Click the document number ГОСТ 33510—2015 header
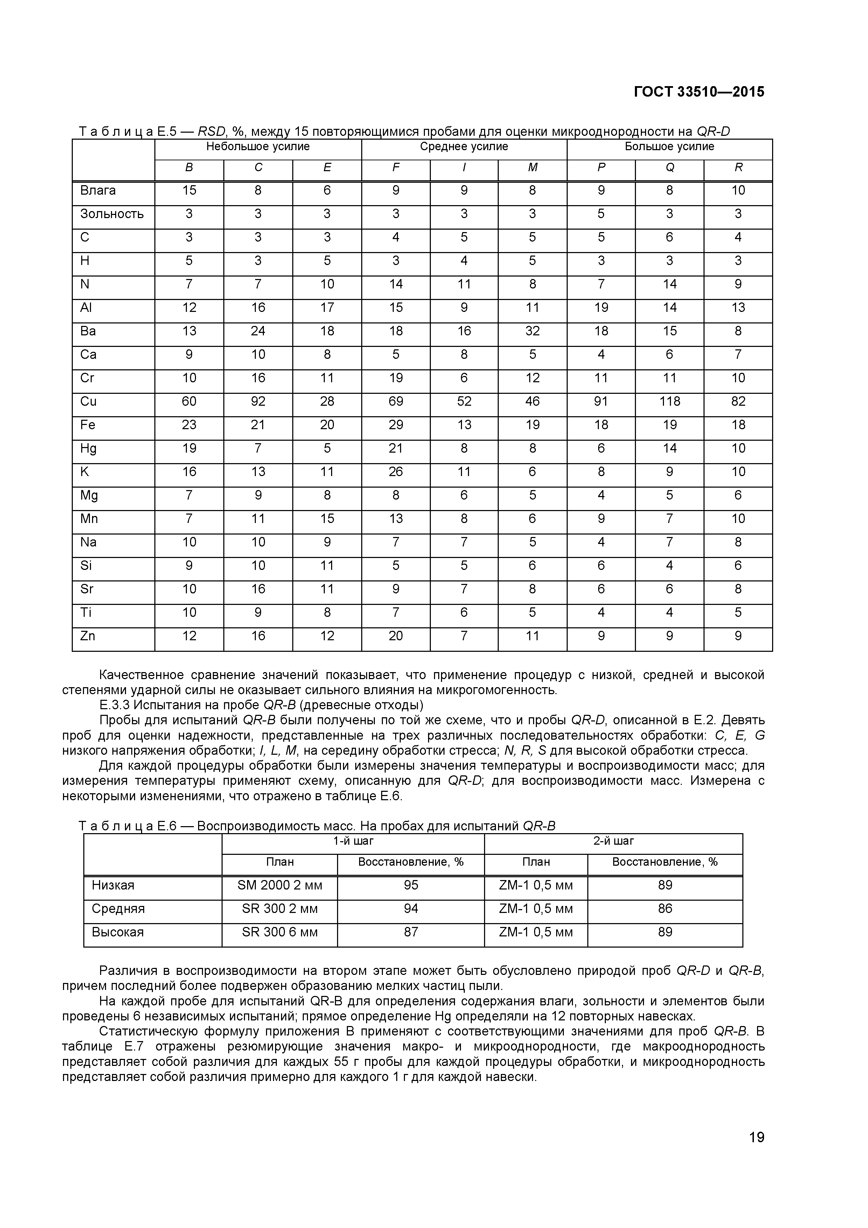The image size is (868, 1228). pyautogui.click(x=699, y=92)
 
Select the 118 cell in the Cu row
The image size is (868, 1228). pyautogui.click(x=670, y=402)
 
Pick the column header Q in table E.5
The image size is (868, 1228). pyautogui.click(x=670, y=167)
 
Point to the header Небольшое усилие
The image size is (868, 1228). pyautogui.click(x=258, y=147)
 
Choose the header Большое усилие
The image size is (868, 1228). pyautogui.click(x=670, y=147)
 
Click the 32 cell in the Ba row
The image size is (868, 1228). pyautogui.click(x=532, y=331)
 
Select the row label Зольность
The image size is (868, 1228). pyautogui.click(x=112, y=214)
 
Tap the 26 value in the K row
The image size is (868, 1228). pyautogui.click(x=396, y=472)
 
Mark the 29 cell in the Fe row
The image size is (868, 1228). pyautogui.click(x=396, y=425)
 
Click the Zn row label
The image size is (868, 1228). pyautogui.click(x=88, y=636)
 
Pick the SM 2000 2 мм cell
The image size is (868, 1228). pyautogui.click(x=280, y=886)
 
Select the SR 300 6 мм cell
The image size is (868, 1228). pyautogui.click(x=280, y=932)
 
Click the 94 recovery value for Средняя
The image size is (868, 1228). pyautogui.click(x=411, y=909)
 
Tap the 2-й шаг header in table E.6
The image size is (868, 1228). pyautogui.click(x=614, y=841)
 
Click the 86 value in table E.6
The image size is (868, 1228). pyautogui.click(x=665, y=909)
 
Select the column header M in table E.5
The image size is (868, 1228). pyautogui.click(x=532, y=167)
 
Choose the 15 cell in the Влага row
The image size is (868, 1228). pyautogui.click(x=189, y=190)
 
